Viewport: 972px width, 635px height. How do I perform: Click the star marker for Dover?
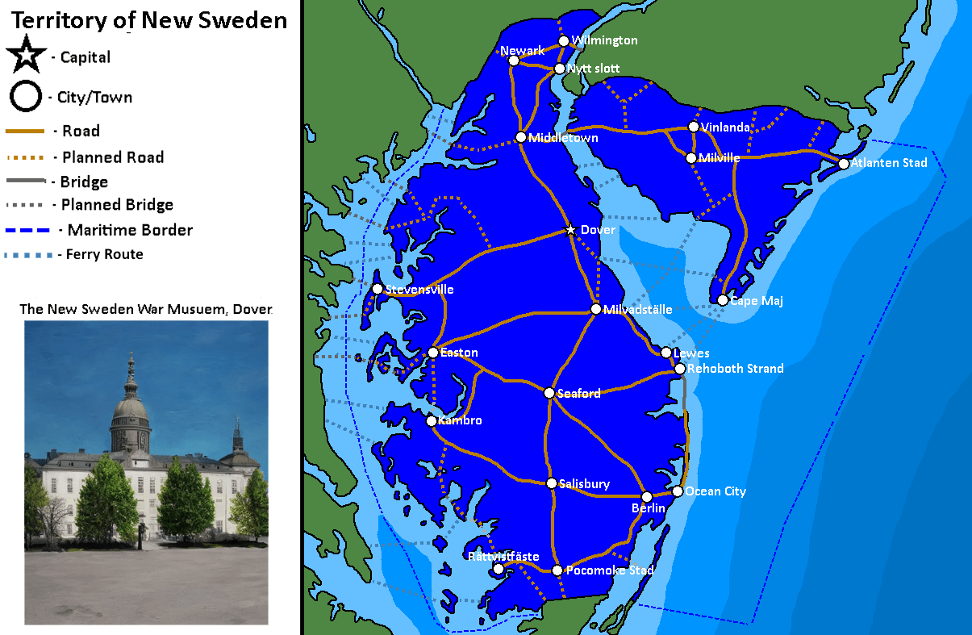(571, 230)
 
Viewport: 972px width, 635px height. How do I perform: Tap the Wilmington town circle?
(564, 41)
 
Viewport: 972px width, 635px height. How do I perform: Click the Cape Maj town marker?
(723, 300)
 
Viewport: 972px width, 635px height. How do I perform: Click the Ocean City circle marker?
(678, 491)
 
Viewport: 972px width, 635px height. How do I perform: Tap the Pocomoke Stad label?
(610, 570)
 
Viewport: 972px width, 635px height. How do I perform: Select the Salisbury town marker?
(551, 483)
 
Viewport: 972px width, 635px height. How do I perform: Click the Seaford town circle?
(549, 393)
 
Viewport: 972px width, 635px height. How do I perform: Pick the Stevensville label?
(419, 290)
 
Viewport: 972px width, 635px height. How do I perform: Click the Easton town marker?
(433, 353)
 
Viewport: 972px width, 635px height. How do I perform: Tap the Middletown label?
(563, 139)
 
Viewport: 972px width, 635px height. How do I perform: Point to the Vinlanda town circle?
(693, 127)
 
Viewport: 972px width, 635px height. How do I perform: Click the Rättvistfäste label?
(503, 557)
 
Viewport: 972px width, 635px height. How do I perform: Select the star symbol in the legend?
(26, 56)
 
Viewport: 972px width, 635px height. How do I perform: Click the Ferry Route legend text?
(105, 254)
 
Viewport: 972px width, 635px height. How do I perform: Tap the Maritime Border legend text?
(130, 230)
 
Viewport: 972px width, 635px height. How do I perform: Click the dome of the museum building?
(131, 407)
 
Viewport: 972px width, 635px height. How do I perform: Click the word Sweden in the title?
(242, 20)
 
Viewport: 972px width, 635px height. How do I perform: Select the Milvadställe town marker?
(595, 309)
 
